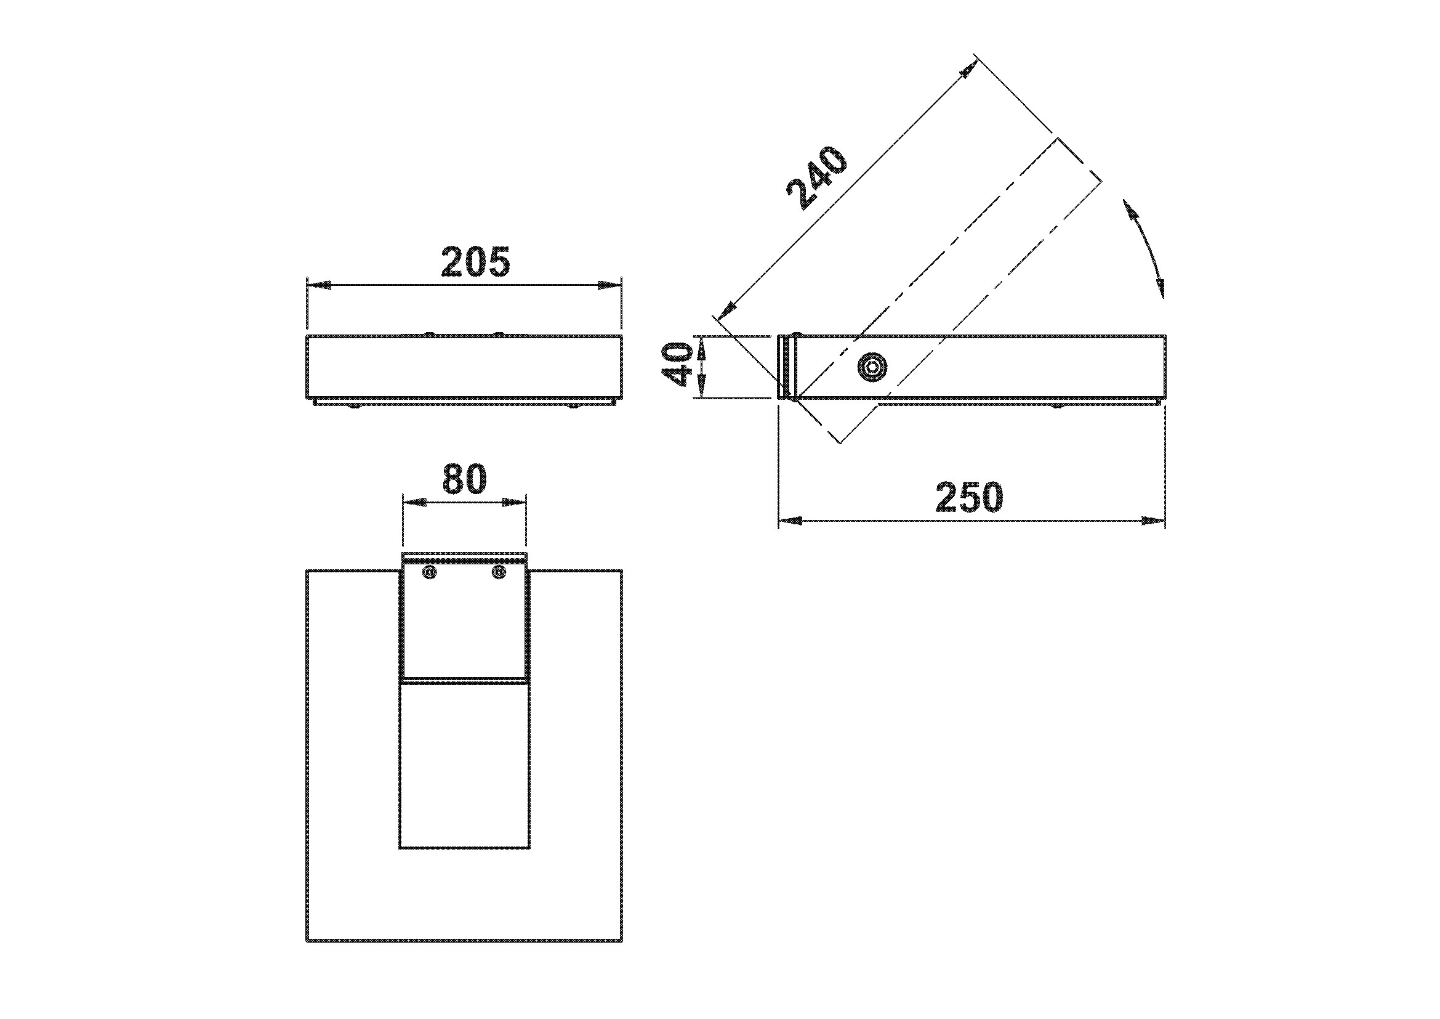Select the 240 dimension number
pos(817,178)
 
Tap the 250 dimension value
pos(969,497)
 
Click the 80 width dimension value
pos(464,479)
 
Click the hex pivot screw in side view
pos(872,368)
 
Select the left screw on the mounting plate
pos(430,572)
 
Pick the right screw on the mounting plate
pos(499,572)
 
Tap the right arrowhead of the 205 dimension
pos(609,285)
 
